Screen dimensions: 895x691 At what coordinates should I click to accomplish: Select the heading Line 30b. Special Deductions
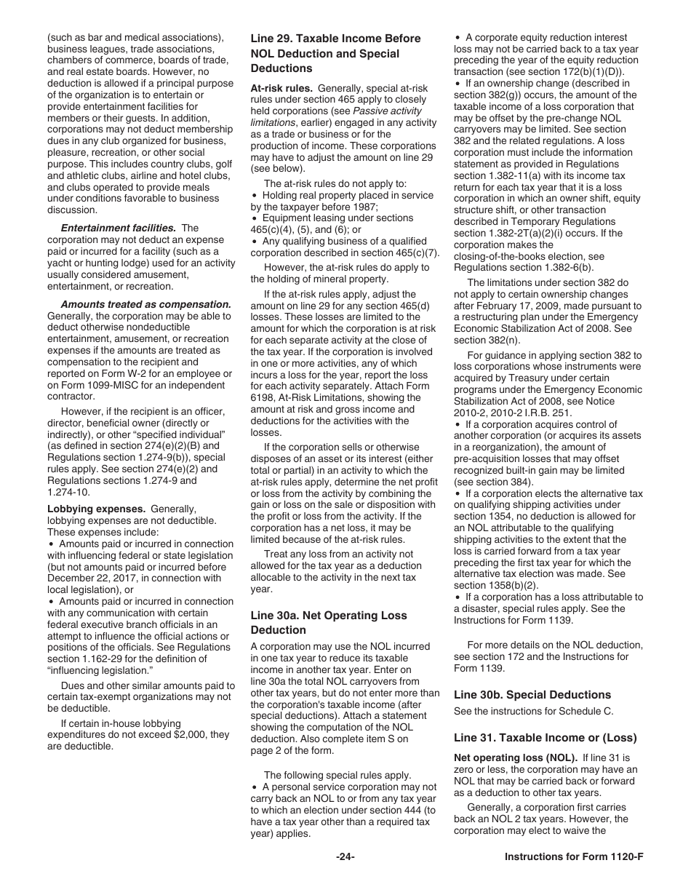tap(532, 695)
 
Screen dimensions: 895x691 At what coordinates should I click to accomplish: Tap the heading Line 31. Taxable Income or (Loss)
tap(545, 737)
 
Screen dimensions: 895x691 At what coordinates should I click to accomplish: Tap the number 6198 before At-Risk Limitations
tap(263, 398)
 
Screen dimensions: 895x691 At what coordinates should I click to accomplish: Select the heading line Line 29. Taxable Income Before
tap(335, 39)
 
